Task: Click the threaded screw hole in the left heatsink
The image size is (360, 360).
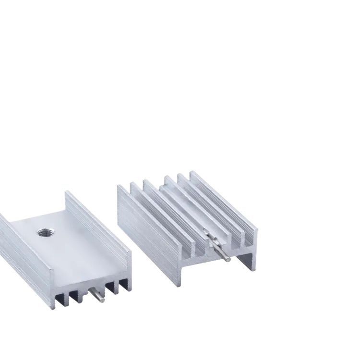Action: (x=46, y=232)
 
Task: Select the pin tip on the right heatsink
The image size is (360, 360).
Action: (x=227, y=259)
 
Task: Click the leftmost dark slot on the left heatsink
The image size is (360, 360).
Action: (x=60, y=300)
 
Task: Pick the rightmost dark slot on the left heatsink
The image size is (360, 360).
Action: (x=123, y=284)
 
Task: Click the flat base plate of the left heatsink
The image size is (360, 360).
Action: (x=72, y=250)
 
